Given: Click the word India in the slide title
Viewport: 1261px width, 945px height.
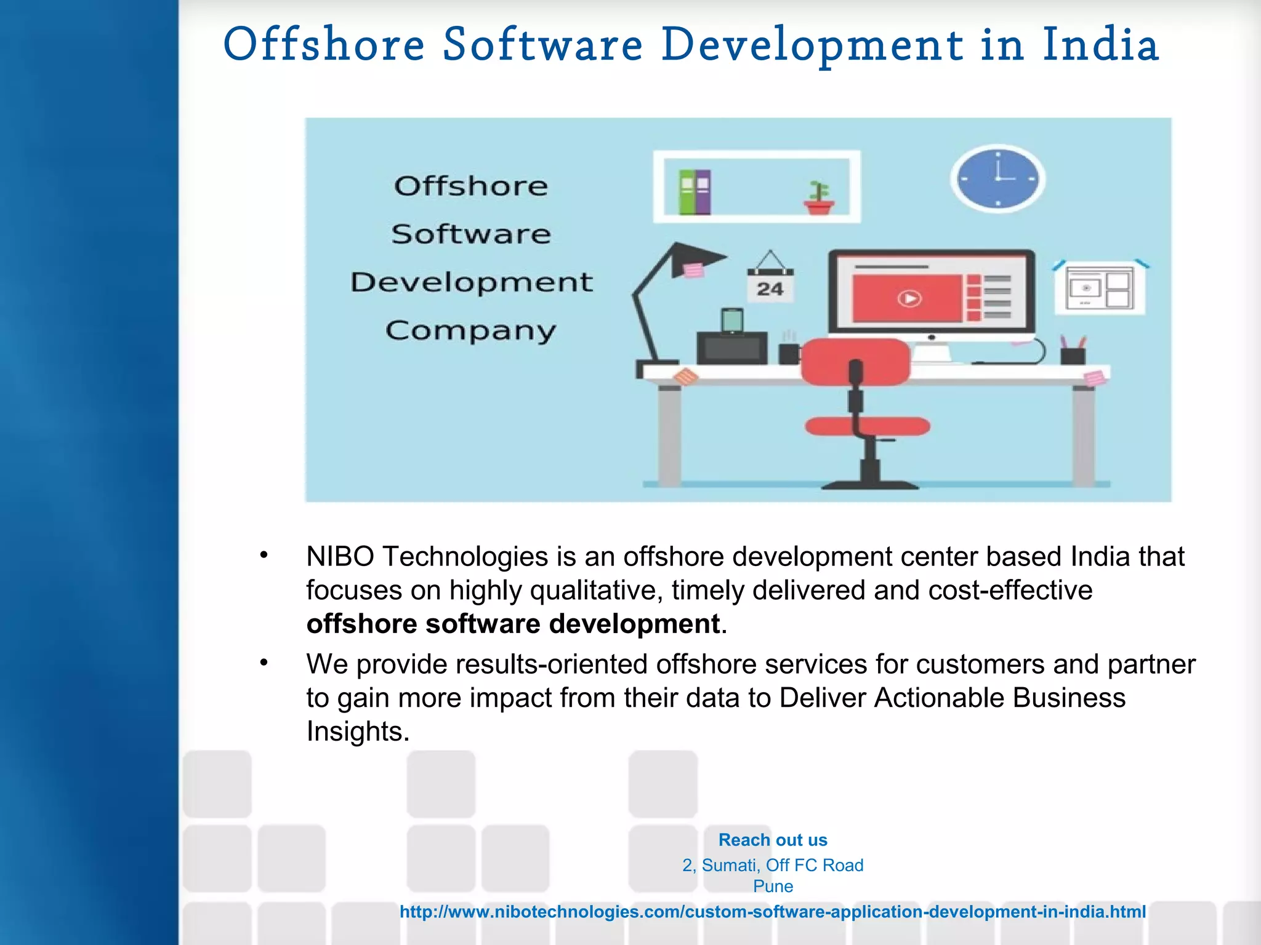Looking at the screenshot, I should click(1100, 45).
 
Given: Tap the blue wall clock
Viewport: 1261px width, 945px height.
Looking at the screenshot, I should click(997, 179).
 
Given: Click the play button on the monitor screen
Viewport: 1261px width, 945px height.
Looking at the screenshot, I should click(909, 298).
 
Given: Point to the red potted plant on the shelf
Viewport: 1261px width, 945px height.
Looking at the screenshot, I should click(819, 199).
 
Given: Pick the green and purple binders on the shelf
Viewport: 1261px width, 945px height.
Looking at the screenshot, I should click(695, 192).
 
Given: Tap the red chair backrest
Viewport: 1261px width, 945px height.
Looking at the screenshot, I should click(856, 361).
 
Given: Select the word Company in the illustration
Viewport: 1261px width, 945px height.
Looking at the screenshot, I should click(471, 331).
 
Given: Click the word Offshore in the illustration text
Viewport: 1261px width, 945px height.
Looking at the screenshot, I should click(471, 186).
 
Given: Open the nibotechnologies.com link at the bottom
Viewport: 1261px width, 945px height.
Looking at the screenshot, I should click(773, 912).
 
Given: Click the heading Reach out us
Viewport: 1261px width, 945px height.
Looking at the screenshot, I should click(773, 840).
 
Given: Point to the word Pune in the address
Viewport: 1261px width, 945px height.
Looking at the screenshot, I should click(773, 887).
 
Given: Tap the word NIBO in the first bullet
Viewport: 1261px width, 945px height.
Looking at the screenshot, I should click(340, 557).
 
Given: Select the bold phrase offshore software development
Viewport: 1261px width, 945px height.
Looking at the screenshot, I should click(513, 624).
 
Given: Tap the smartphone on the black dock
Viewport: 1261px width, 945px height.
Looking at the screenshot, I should click(732, 321).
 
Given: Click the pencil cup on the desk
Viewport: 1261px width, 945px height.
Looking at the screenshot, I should click(1073, 354).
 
